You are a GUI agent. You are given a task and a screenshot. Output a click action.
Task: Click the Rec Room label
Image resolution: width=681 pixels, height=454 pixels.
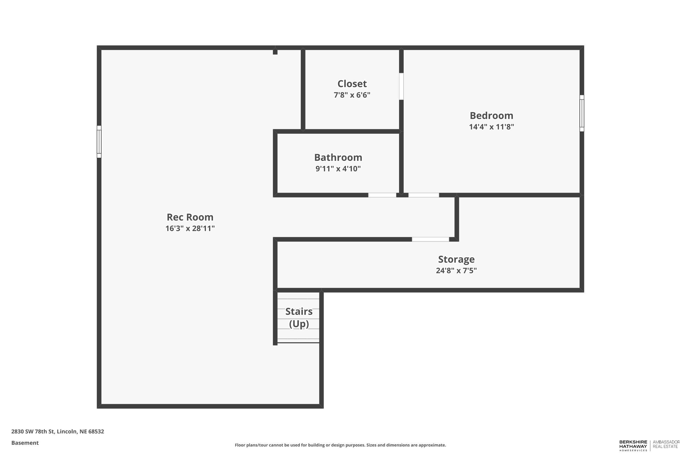[190, 217]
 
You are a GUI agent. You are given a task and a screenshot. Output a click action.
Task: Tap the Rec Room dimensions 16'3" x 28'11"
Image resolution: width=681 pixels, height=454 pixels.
[190, 228]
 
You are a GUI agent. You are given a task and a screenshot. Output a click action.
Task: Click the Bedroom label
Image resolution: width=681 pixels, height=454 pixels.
[491, 115]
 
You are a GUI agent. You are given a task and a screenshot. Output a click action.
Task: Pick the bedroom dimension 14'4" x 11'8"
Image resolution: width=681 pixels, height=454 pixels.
[491, 127]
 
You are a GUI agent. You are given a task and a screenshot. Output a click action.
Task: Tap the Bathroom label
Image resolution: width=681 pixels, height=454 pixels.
[338, 157]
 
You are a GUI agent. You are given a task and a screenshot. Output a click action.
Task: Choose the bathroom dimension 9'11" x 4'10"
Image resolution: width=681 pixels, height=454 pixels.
[338, 169]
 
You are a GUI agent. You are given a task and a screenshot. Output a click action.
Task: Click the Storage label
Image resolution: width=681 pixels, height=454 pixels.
[456, 259]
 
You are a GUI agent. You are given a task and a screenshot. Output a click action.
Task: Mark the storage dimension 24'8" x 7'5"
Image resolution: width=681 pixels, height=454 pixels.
[456, 270]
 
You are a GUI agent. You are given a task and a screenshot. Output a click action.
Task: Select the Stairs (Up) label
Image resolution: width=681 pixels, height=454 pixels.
[299, 317]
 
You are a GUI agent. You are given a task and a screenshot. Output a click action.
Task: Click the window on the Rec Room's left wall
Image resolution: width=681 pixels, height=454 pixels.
[99, 142]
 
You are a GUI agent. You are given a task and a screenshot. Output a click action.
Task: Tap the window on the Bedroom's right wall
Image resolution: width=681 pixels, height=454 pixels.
[582, 113]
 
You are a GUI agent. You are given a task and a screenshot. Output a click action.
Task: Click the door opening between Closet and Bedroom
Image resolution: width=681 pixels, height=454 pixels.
[401, 86]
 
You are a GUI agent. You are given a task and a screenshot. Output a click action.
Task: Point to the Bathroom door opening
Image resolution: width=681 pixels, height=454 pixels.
[382, 195]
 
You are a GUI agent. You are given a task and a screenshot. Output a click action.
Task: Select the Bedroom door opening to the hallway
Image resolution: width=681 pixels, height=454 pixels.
[423, 195]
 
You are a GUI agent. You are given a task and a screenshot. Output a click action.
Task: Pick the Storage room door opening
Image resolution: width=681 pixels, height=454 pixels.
[430, 239]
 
